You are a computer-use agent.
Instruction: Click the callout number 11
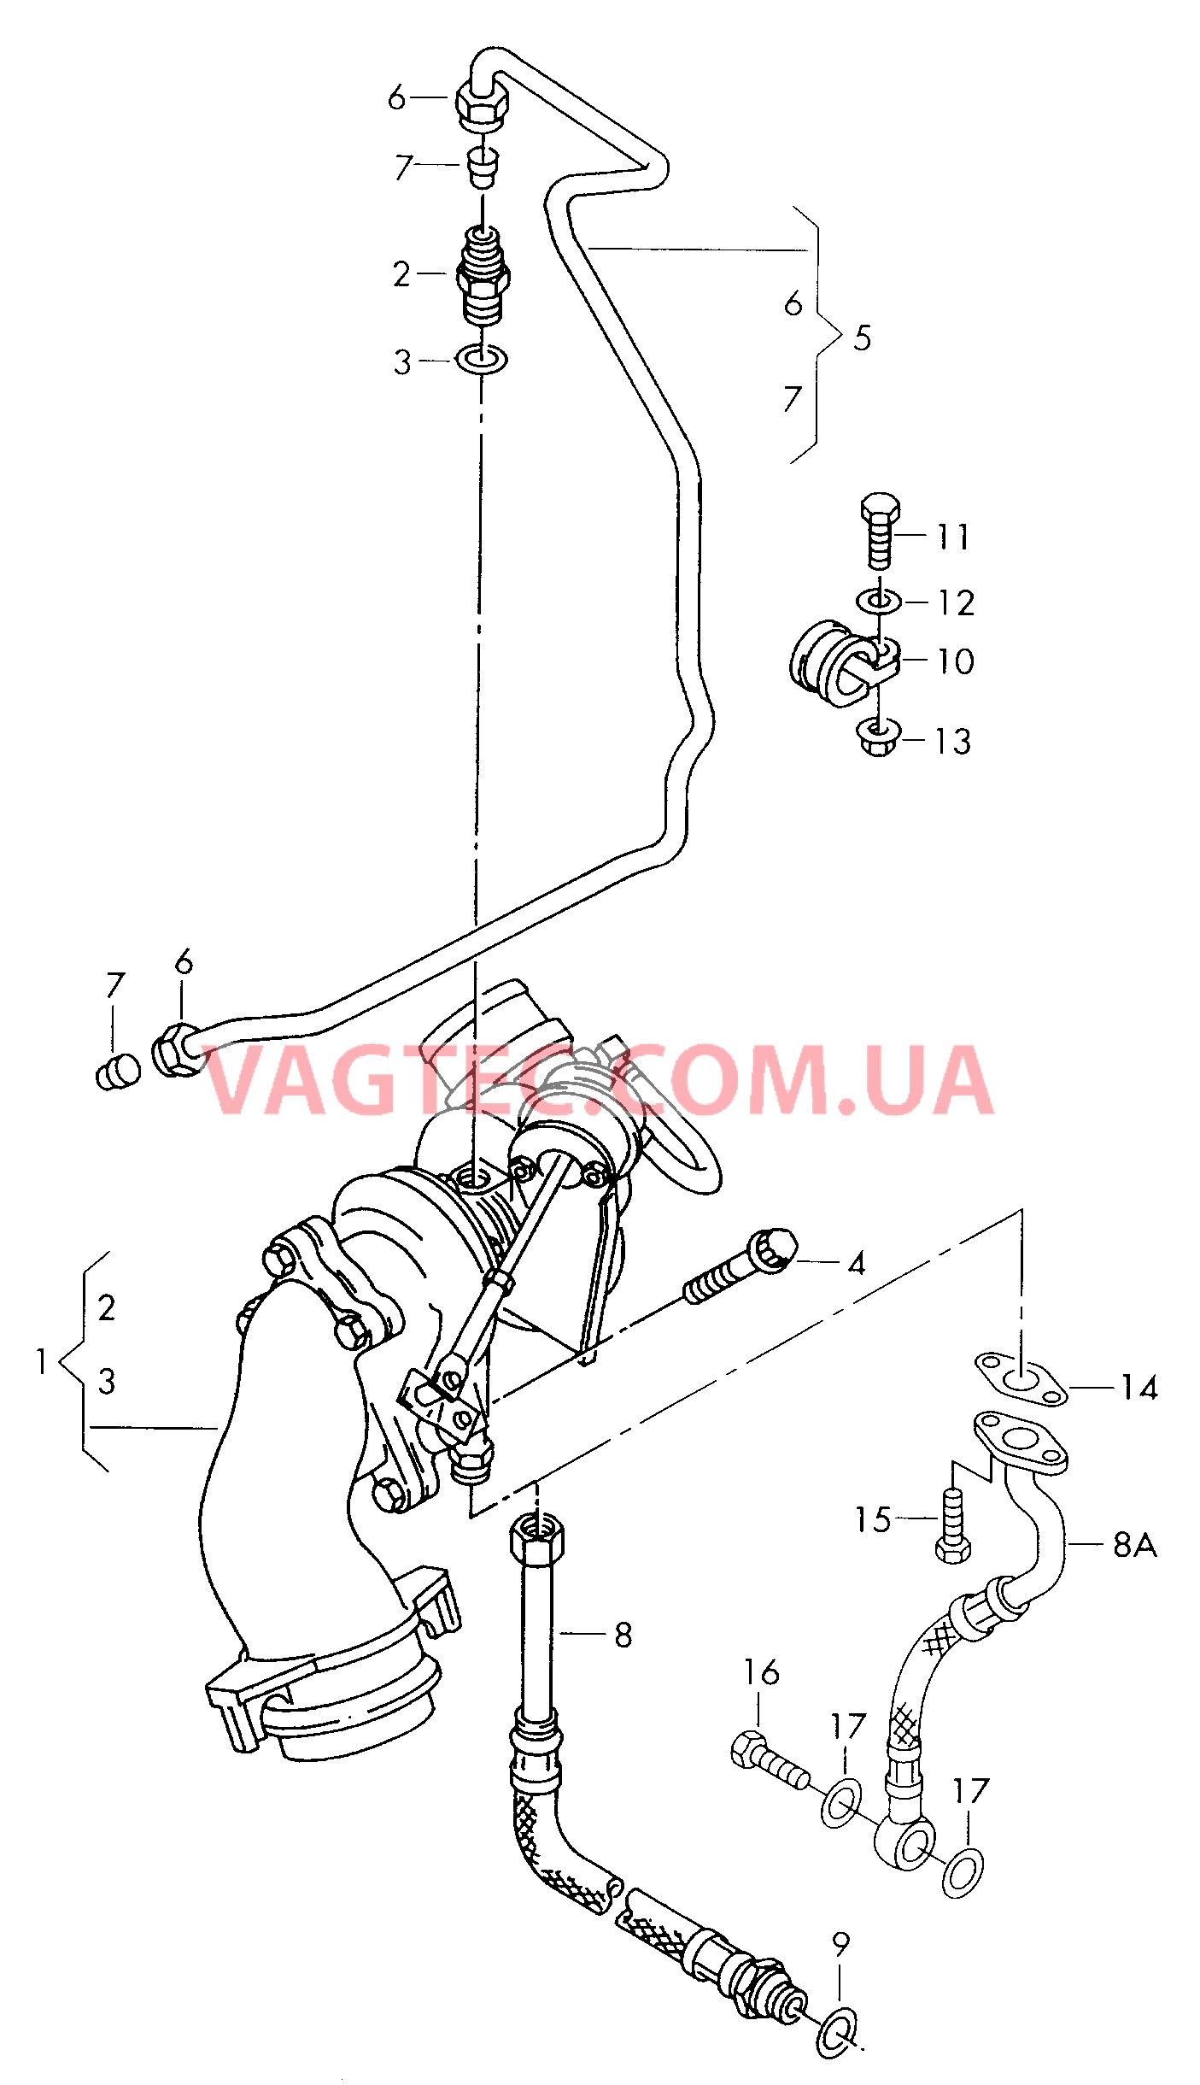953,537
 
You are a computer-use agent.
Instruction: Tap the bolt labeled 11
881,531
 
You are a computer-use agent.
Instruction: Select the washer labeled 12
879,601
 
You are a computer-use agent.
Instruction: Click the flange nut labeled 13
878,737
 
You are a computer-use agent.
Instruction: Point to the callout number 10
956,661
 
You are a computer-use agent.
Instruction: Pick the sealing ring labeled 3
483,359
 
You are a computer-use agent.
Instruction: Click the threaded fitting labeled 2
483,275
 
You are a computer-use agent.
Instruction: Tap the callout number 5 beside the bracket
863,338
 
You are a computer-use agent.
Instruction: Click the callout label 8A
1134,1544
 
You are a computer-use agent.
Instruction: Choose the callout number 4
857,1263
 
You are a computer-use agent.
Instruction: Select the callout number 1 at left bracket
41,1361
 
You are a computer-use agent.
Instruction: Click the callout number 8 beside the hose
623,1635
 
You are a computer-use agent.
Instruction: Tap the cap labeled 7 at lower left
119,1072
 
